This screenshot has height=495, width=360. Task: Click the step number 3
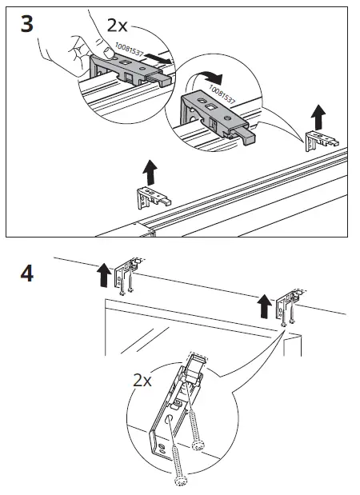tap(26, 23)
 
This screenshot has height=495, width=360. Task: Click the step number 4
tap(26, 273)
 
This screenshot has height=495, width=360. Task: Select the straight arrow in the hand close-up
tap(160, 59)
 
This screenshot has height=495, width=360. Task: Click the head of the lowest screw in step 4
tap(178, 482)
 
